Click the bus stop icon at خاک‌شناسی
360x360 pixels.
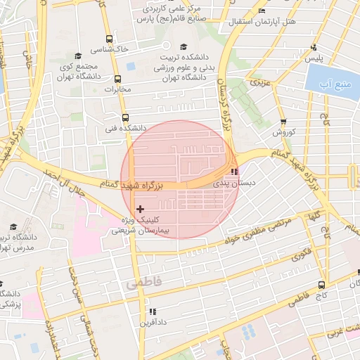point(108,39)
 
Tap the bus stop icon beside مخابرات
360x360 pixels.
point(127,79)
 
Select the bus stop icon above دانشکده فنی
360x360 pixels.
point(125,117)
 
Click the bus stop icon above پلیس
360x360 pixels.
point(314,48)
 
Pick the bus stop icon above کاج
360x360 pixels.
point(321,285)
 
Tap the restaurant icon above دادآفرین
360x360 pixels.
point(150,311)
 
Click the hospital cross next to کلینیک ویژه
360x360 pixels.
point(141,208)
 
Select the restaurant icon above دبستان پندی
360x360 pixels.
point(234,171)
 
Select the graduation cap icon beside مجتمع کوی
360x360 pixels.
point(77,56)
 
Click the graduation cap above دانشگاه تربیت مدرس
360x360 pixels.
point(13,226)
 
